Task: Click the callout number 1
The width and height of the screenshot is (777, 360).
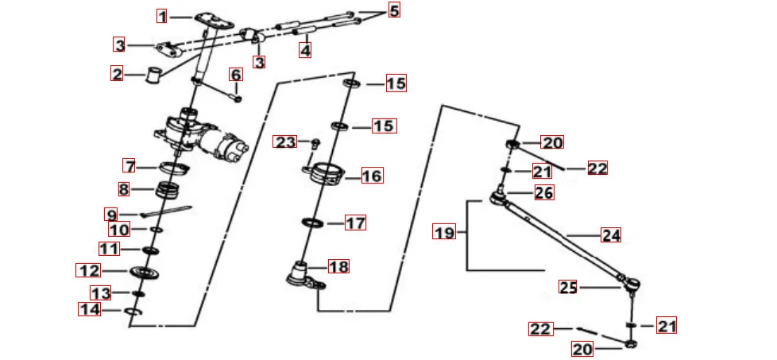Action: click(x=162, y=17)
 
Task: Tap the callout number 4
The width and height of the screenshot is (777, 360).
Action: click(x=305, y=50)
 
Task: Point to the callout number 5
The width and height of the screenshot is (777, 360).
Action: click(x=394, y=10)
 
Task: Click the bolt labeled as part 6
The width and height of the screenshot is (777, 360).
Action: click(x=237, y=96)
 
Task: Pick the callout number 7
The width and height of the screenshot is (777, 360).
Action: click(x=129, y=166)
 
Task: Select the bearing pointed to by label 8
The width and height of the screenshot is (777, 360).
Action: click(x=168, y=191)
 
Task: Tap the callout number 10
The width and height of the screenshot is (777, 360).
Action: click(x=118, y=230)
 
